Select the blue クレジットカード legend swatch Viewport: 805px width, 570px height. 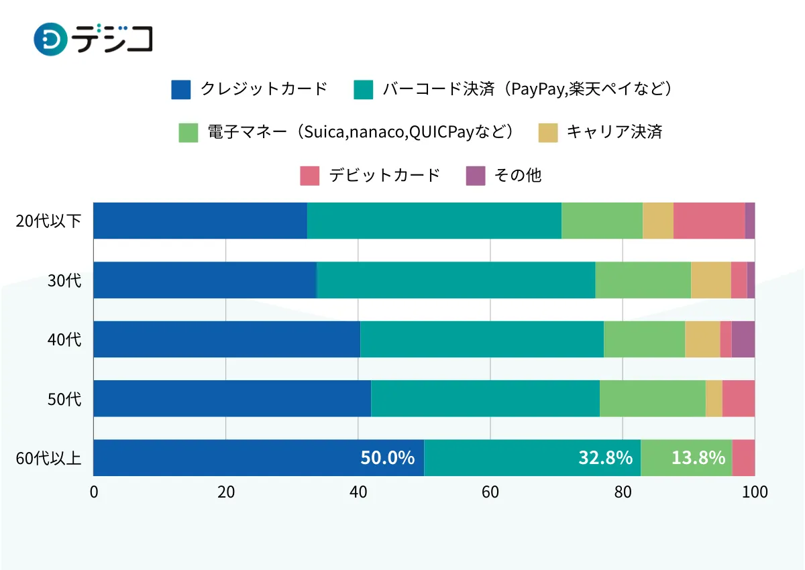click(181, 89)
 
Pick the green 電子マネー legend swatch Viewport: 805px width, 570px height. click(189, 132)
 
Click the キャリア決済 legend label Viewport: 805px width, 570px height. click(614, 132)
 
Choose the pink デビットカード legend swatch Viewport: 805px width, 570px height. click(309, 176)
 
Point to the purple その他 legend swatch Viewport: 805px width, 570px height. click(476, 176)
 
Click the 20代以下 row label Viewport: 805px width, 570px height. click(48, 221)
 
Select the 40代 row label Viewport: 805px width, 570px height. click(64, 339)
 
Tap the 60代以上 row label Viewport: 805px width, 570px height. click(48, 458)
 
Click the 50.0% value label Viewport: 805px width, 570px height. click(387, 458)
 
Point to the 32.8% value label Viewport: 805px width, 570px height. click(605, 458)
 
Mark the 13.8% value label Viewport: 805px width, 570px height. click(698, 458)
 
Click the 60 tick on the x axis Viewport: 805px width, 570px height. click(490, 492)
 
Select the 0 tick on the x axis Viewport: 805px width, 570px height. click(94, 492)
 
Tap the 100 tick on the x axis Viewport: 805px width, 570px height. click(755, 492)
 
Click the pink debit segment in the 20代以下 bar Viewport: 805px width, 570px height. click(708, 221)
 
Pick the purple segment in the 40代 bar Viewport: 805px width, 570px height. click(743, 339)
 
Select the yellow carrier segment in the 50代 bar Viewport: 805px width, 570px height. click(714, 398)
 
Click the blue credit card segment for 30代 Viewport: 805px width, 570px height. click(205, 280)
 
